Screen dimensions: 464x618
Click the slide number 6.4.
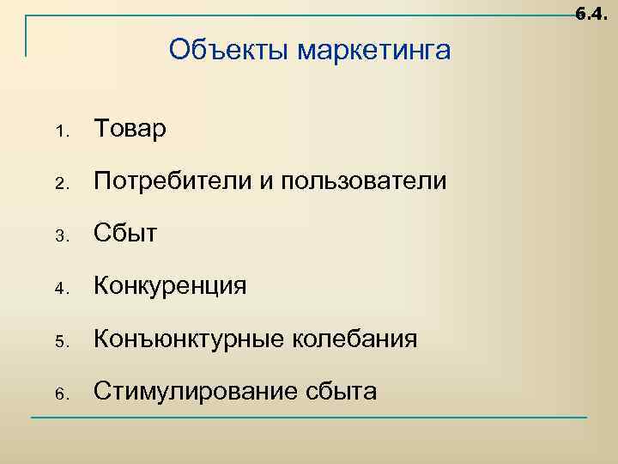592,14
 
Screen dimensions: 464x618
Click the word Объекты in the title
229,51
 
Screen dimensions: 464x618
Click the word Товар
130,129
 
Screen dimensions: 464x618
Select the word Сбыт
126,234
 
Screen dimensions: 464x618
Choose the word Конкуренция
171,286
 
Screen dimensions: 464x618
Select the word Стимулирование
197,392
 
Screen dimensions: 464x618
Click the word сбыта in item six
341,392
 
